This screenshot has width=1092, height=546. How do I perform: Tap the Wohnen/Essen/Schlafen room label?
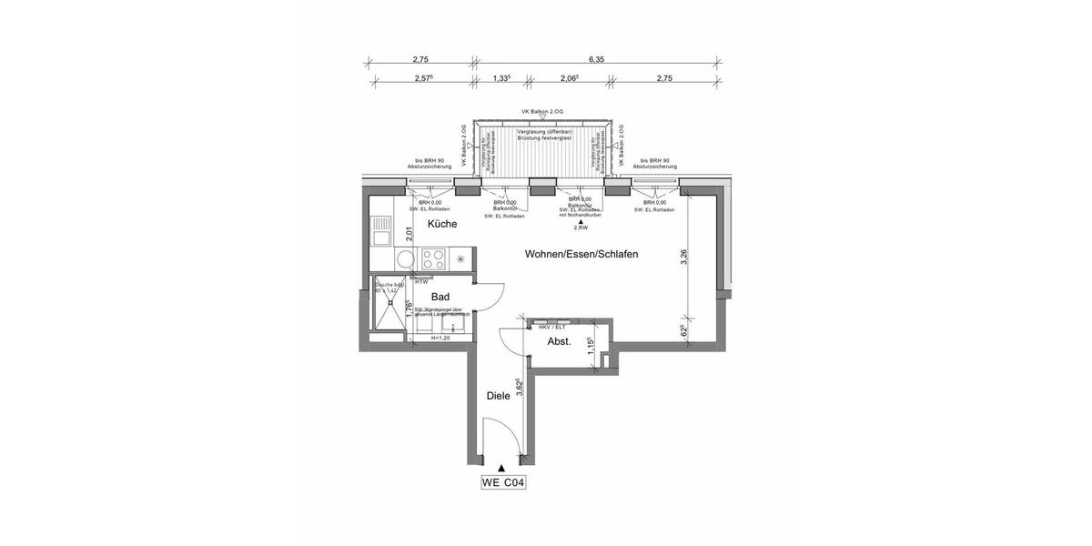(581, 255)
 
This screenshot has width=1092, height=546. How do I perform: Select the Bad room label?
(440, 297)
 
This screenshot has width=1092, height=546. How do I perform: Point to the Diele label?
(498, 396)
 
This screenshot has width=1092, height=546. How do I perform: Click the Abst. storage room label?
(559, 342)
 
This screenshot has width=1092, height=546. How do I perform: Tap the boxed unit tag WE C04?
(502, 483)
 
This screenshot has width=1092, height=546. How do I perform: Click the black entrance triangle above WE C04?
(501, 467)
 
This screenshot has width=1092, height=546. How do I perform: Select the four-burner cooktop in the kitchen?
(433, 258)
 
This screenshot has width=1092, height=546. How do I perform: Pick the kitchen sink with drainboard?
(381, 231)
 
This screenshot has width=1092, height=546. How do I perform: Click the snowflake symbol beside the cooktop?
(461, 259)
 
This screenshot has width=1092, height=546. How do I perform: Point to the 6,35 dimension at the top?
(596, 59)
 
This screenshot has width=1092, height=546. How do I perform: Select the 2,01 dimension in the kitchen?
(409, 236)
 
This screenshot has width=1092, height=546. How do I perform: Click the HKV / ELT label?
(552, 326)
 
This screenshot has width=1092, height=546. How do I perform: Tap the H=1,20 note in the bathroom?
(440, 339)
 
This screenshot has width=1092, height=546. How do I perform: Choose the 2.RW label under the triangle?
(581, 227)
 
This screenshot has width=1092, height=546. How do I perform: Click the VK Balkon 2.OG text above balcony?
(543, 112)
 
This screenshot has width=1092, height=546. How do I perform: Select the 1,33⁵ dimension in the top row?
(501, 79)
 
